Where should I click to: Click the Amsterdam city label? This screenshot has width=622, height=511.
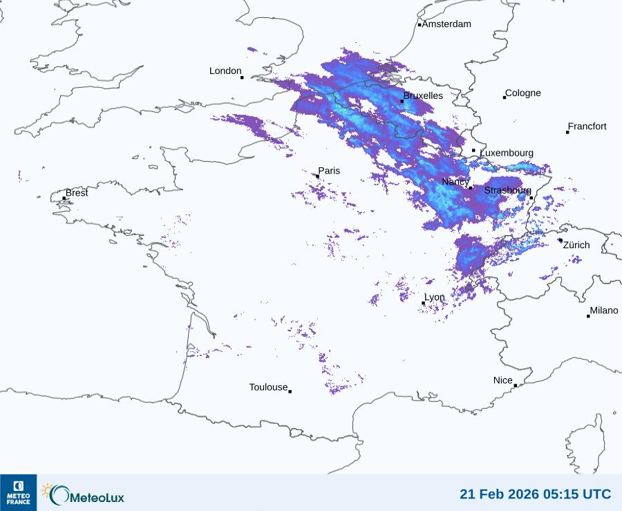(446, 24)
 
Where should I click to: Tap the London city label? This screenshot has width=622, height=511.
(225, 71)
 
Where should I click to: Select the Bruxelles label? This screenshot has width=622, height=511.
(423, 96)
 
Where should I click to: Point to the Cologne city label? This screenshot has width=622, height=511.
(523, 93)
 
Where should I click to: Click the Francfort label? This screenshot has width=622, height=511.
(587, 127)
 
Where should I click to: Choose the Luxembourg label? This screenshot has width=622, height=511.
(507, 153)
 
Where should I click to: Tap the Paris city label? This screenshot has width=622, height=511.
(329, 171)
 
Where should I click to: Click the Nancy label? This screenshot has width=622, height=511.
(455, 182)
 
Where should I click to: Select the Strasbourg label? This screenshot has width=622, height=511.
(508, 190)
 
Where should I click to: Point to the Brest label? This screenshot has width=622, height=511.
(77, 193)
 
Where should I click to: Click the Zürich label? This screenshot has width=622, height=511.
(576, 245)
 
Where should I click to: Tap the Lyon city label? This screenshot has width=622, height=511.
(435, 297)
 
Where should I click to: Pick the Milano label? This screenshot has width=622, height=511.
(604, 310)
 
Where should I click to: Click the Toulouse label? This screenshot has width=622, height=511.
(268, 387)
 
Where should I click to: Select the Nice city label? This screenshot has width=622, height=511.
(502, 380)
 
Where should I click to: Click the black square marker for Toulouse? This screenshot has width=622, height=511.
(290, 391)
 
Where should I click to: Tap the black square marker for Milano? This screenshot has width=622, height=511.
(588, 316)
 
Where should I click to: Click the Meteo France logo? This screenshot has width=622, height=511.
(18, 492)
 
